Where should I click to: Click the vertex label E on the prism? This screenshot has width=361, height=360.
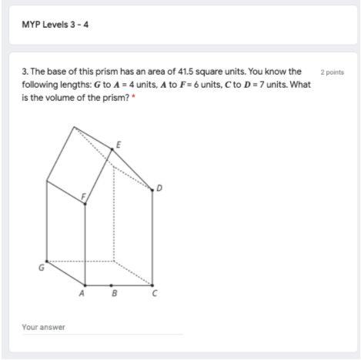coord(119,145)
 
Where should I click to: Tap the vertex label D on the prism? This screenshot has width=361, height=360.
coord(159,188)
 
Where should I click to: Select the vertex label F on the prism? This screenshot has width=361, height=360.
coord(83,197)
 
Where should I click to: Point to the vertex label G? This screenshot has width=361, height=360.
coord(42,268)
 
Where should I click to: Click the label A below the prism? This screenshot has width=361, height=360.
coord(82,293)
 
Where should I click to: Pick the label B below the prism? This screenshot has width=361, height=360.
coord(115,293)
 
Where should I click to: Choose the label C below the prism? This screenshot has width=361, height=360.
coord(155,293)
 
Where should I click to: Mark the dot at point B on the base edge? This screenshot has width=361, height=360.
coord(111,285)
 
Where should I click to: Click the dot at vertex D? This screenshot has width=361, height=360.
coord(152,190)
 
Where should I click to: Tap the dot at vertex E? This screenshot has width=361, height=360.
coord(112,149)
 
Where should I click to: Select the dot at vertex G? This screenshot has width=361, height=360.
coord(47,262)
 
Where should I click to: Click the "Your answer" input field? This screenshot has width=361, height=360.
coord(102,328)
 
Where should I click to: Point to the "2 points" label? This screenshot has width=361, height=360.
coord(332,72)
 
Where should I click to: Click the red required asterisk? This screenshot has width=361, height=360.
coord(133,96)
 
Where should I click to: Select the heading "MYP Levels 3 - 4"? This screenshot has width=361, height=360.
coord(55,25)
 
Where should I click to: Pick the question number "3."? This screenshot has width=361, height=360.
coord(25,72)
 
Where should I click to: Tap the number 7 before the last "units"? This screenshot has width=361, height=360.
coord(262,85)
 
